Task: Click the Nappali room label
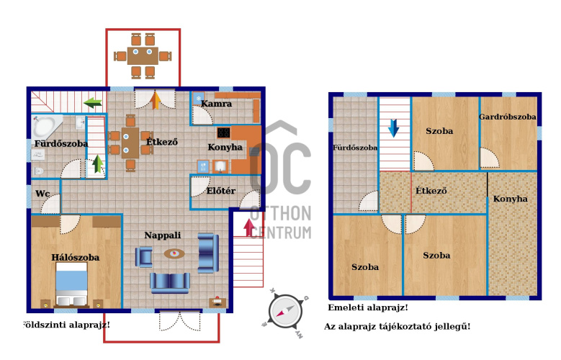[163, 235]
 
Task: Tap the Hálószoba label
[75, 257]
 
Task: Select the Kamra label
[216, 104]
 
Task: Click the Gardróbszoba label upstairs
[507, 117]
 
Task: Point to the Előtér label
[221, 191]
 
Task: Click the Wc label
[42, 194]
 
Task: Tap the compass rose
[285, 312]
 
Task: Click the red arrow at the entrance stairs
[249, 228]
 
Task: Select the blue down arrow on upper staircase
[393, 128]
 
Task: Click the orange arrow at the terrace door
[156, 100]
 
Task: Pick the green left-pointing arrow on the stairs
[92, 103]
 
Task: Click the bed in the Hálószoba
[71, 284]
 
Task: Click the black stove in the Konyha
[224, 132]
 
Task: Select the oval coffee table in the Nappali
[174, 253]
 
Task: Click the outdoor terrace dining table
[143, 56]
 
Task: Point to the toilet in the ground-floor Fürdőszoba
[37, 171]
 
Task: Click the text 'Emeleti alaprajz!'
[368, 307]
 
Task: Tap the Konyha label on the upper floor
[510, 199]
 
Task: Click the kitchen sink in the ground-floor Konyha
[220, 166]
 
